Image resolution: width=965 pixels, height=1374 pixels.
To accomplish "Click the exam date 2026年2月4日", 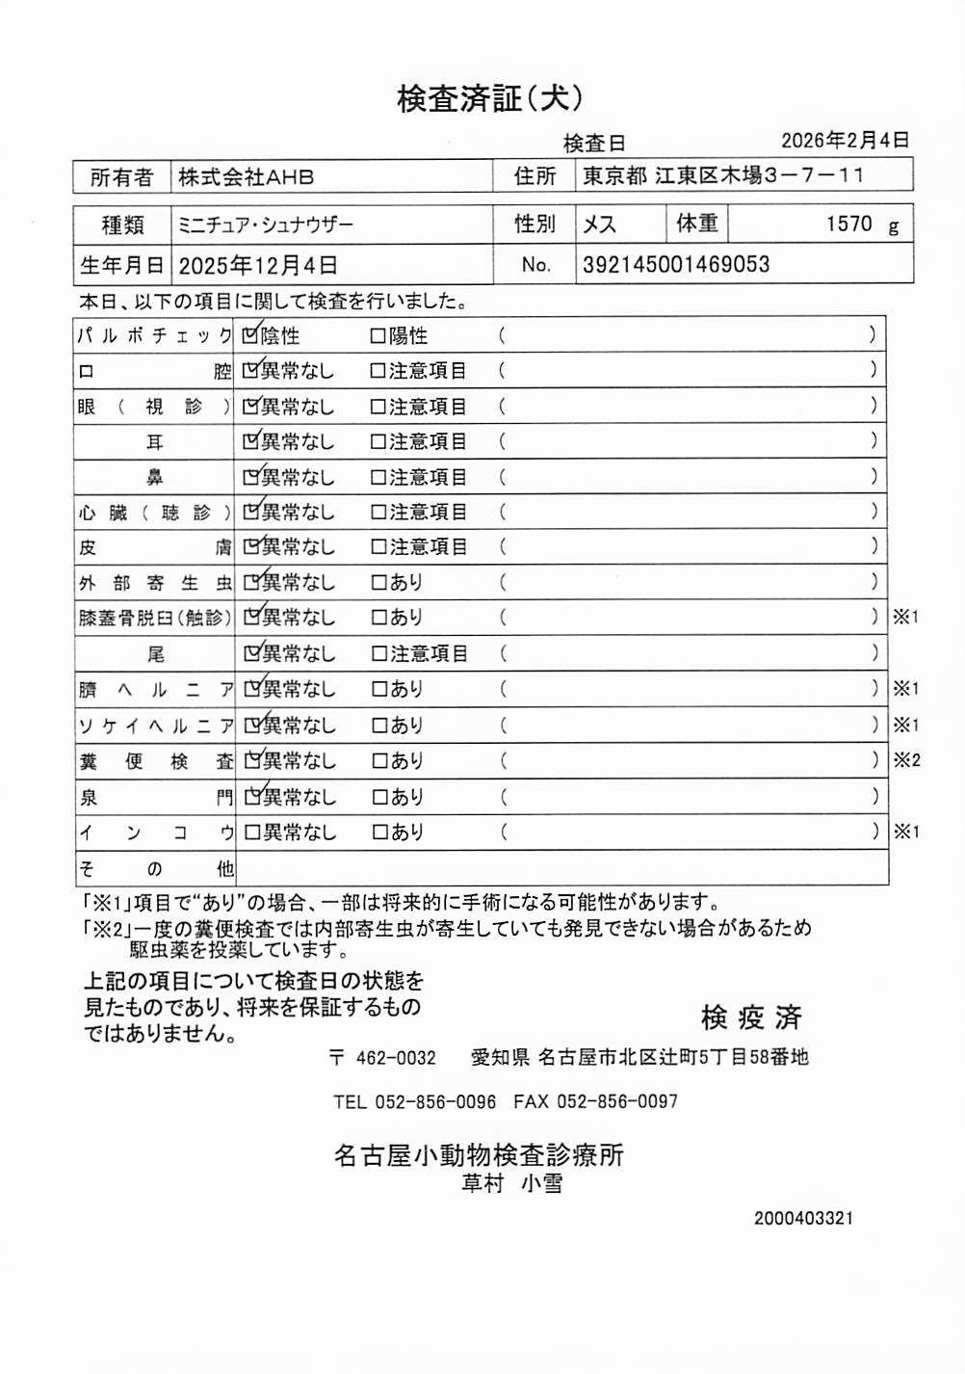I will pos(845,141).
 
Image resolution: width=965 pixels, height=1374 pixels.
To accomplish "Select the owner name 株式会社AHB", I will pos(246,177).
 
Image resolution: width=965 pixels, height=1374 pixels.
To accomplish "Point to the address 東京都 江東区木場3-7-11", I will pos(723,175).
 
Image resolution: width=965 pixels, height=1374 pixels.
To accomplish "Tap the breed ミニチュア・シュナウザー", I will pos(266,225).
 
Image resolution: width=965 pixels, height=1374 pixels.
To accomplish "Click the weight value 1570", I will pos(848,225).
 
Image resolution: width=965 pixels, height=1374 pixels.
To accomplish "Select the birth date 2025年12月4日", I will pos(258,265).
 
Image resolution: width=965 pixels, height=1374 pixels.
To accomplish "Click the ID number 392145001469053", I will pos(676,265).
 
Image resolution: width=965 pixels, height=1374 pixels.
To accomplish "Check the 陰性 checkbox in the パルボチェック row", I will pos(251,335).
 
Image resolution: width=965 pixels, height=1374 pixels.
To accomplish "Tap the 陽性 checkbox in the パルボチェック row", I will pos(378,336).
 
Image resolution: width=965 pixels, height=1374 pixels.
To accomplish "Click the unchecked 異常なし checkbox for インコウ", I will pos(252,832).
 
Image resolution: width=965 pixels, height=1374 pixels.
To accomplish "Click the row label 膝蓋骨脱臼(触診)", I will pos(154,618).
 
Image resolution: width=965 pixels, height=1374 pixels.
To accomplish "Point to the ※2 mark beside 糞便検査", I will pos(906,760).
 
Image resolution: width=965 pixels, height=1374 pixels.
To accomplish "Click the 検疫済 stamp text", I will pos(751,1017).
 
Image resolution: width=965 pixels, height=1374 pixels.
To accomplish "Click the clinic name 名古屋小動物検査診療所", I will pos(479,1154).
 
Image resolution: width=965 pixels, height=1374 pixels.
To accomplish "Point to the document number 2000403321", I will pos(803,1218).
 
